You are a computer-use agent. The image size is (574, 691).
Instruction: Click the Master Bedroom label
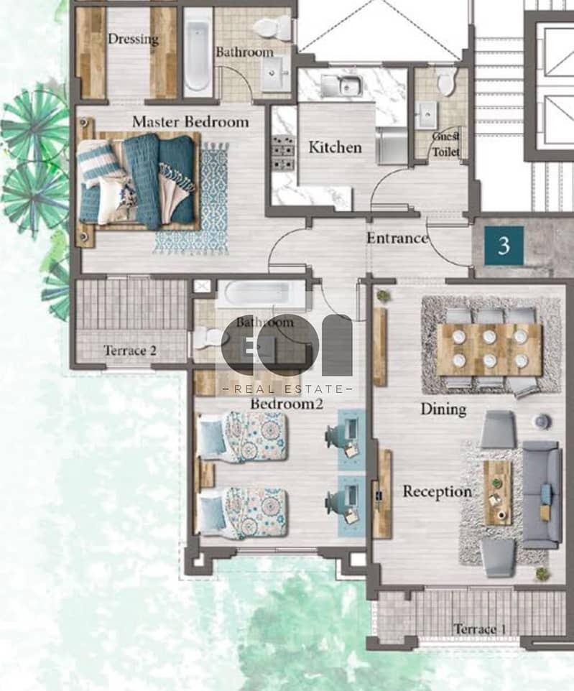(x=190, y=121)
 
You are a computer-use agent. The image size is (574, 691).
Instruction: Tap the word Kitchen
(x=335, y=147)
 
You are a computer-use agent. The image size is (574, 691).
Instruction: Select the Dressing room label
(x=133, y=39)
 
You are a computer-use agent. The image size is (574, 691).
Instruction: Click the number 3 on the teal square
(x=504, y=246)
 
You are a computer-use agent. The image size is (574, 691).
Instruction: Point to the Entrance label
(x=397, y=238)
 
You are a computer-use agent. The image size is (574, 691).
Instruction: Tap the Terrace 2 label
(x=130, y=351)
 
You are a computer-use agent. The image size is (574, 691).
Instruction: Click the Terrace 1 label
(x=480, y=629)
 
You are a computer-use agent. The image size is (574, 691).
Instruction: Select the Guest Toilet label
(x=445, y=144)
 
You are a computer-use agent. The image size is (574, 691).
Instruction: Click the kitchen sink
(x=342, y=85)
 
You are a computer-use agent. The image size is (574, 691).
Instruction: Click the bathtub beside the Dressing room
(x=198, y=54)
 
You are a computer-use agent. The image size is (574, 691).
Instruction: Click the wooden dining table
(x=489, y=349)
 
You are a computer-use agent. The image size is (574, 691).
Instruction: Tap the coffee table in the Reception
(x=498, y=493)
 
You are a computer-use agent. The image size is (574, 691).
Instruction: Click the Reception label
(x=437, y=491)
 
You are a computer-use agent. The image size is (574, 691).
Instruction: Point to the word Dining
(x=443, y=409)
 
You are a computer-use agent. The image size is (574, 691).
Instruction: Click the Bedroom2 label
(x=287, y=403)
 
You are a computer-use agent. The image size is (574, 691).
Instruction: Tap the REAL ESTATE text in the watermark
(x=288, y=389)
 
